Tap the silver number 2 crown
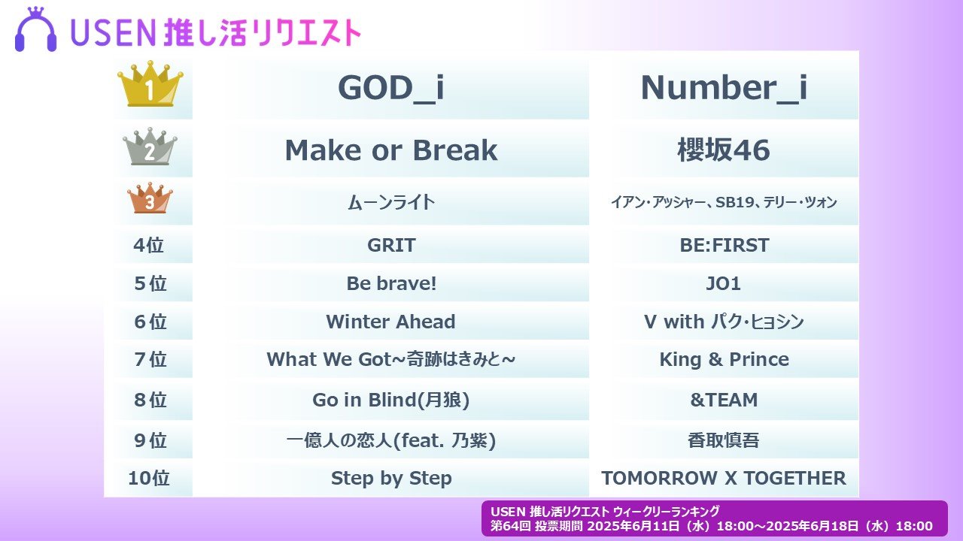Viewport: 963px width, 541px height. (150, 147)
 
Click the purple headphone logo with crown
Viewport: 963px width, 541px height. (35, 29)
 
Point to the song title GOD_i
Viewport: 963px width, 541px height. (390, 89)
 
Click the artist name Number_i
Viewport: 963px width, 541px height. (724, 89)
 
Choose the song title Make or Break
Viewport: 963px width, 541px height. (391, 150)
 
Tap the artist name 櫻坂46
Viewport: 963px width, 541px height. (724, 150)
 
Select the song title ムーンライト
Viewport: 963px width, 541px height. (391, 202)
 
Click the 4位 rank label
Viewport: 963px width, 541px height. (149, 245)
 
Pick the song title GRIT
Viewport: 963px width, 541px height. (391, 245)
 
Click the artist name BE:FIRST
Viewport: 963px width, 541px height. (724, 245)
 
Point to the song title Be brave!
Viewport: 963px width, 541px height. (391, 283)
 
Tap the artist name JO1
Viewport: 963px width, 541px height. (724, 283)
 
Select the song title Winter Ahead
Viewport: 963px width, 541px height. (390, 322)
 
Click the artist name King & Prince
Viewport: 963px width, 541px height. (724, 359)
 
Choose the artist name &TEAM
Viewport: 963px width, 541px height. (724, 400)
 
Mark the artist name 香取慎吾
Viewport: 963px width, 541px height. (724, 440)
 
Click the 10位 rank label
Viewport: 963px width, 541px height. (149, 478)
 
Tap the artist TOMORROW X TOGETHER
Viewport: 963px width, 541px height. (724, 478)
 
